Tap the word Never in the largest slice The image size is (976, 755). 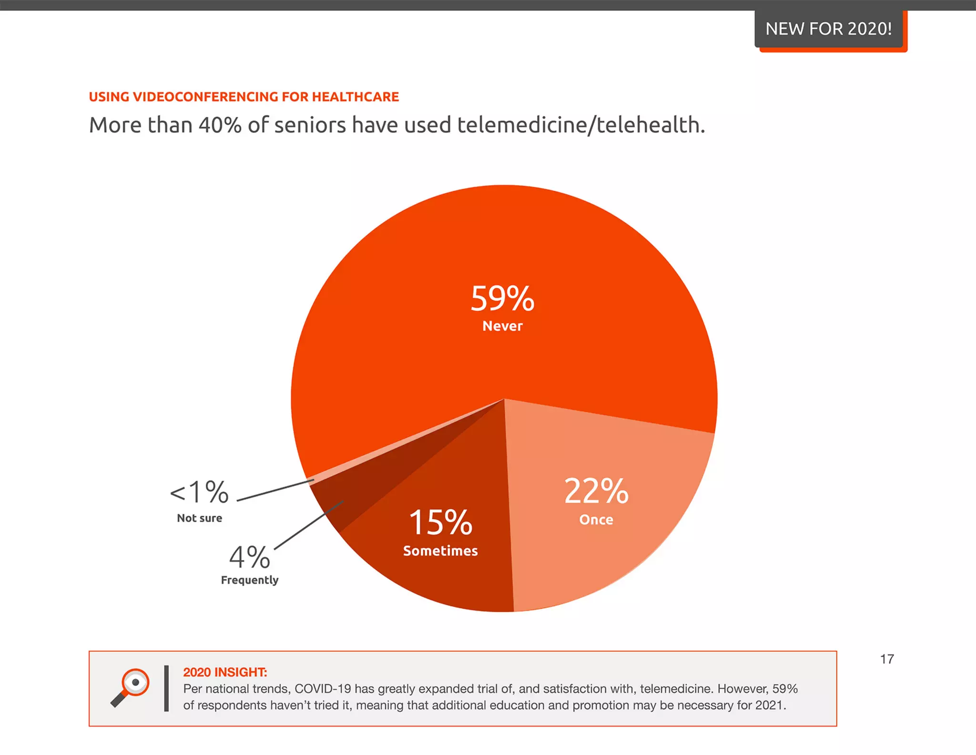tap(502, 326)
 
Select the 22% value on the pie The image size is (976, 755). tap(596, 491)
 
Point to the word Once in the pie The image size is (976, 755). tap(596, 520)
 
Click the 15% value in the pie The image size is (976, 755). tap(440, 522)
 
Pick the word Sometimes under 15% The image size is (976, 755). tap(440, 551)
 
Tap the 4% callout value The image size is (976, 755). tap(249, 557)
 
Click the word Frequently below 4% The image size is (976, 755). tap(249, 580)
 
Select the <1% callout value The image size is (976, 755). tap(199, 492)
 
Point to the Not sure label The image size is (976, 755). tap(199, 518)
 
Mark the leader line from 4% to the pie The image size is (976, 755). tap(308, 525)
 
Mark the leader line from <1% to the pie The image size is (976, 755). tap(275, 490)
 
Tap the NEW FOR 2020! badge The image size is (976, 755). tap(828, 29)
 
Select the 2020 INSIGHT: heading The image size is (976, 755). tap(225, 672)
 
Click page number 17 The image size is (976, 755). tap(886, 659)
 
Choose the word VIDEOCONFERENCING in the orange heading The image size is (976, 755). tap(206, 97)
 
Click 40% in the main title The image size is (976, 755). tap(220, 125)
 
